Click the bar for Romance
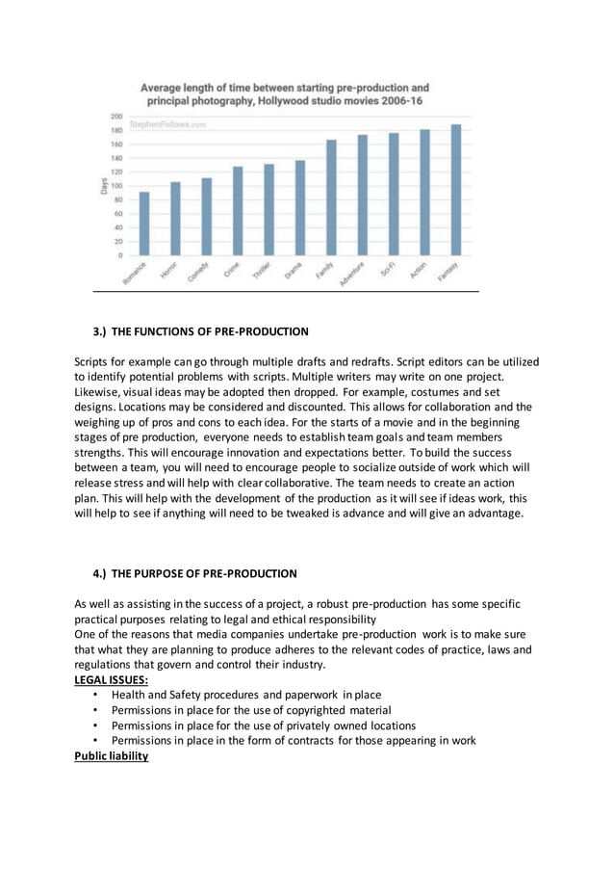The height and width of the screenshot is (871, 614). (144, 224)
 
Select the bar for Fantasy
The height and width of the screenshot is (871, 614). (456, 190)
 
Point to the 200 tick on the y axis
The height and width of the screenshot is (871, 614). (115, 116)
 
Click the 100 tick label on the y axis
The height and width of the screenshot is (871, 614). (115, 185)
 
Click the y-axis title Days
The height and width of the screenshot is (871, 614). (103, 185)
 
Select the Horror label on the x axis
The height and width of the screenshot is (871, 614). (169, 272)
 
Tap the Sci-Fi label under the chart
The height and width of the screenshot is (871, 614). (389, 271)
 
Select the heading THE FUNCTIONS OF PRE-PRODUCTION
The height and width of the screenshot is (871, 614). (210, 331)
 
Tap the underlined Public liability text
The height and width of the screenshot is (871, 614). (112, 756)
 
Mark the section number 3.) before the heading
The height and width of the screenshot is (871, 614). (100, 331)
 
